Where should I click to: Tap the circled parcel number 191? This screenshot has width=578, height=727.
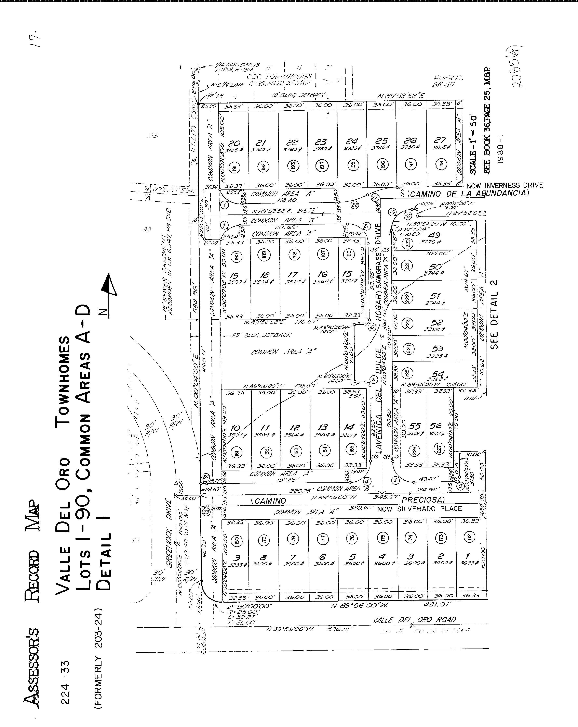tap(234, 168)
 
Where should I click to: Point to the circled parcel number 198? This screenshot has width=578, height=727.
tap(441, 164)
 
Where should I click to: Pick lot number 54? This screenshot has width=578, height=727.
tap(438, 374)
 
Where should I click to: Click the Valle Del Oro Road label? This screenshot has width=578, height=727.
tap(414, 620)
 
